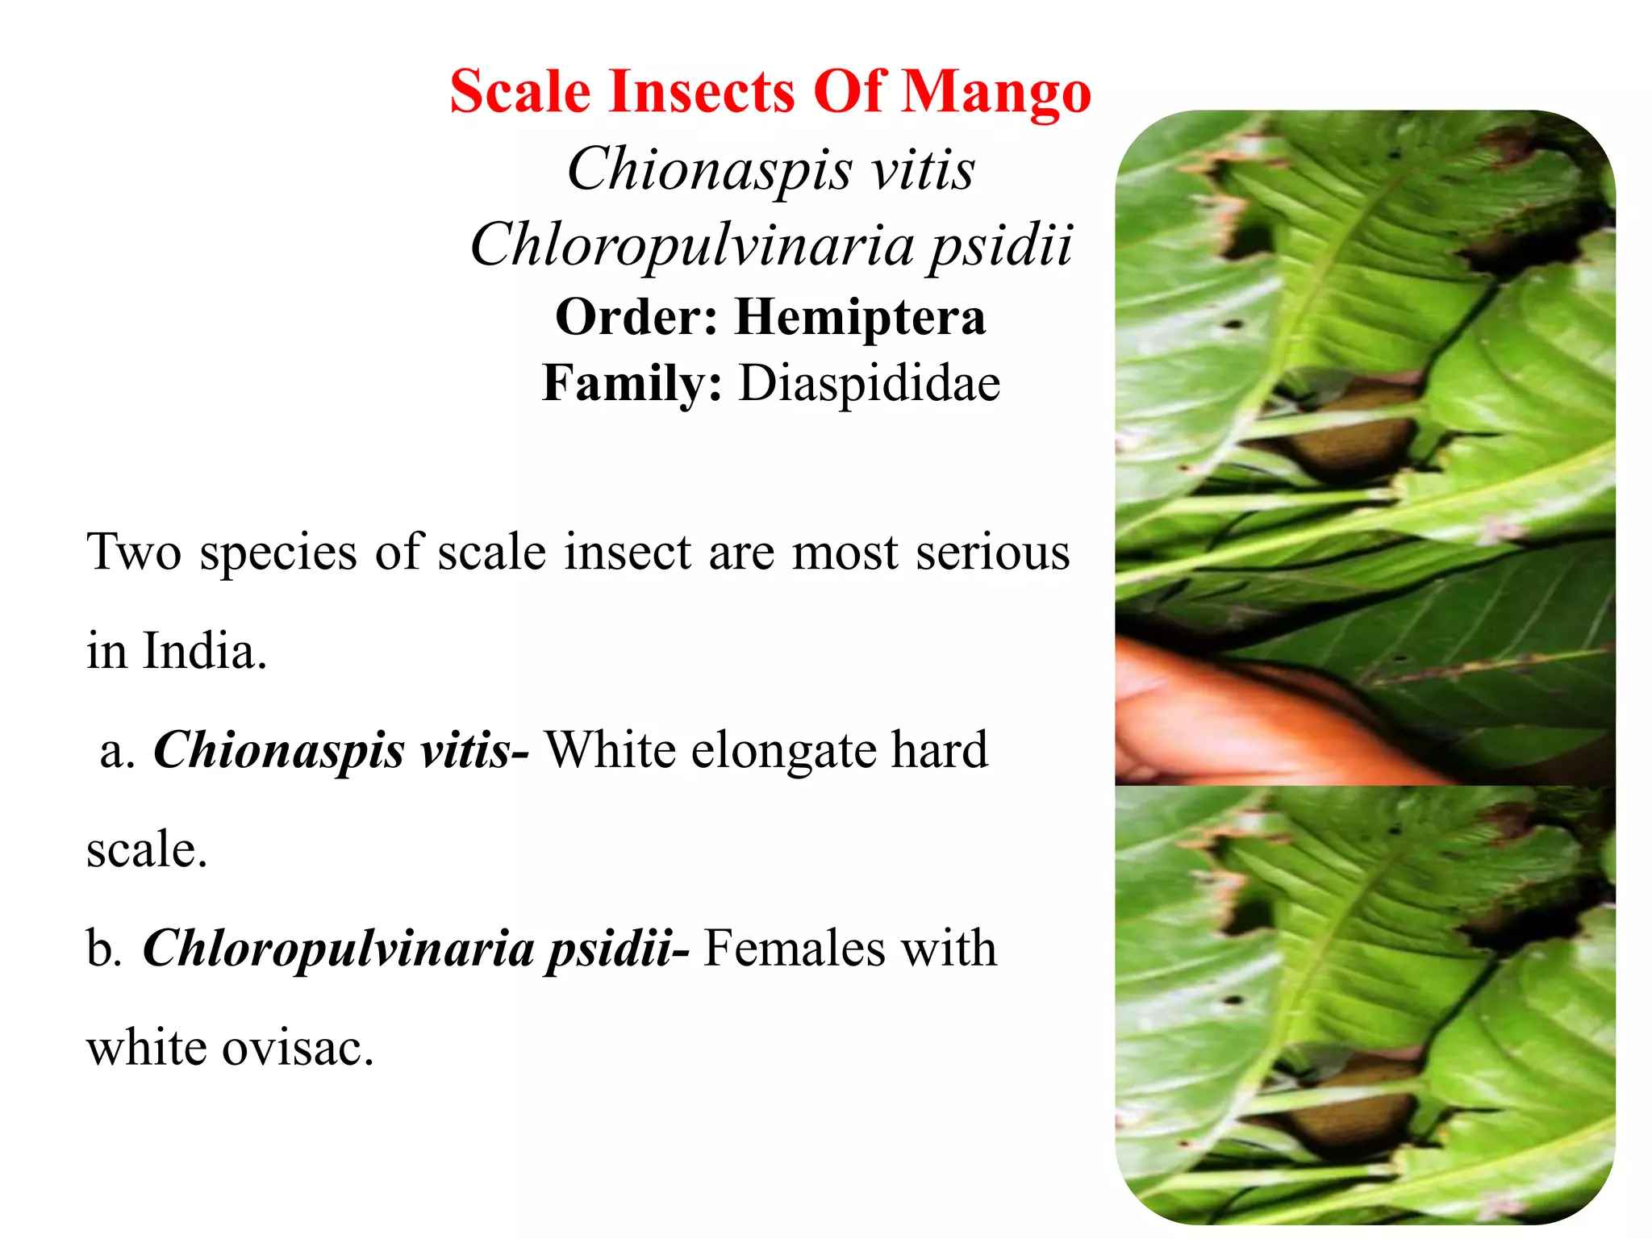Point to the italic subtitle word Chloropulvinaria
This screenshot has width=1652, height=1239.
click(x=692, y=245)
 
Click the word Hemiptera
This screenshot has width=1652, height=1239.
click(x=860, y=316)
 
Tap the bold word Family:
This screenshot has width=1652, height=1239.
click(x=632, y=384)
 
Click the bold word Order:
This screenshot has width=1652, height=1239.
click(x=636, y=316)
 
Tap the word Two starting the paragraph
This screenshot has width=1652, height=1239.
click(x=134, y=553)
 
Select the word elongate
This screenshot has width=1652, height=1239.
click(x=784, y=750)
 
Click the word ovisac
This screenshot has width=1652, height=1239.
click(x=298, y=1048)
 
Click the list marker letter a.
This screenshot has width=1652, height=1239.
click(x=116, y=752)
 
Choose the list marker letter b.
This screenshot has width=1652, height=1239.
click(x=104, y=948)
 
